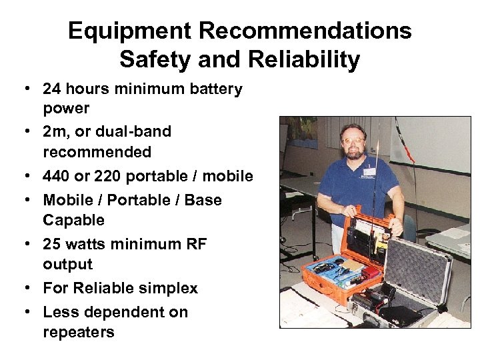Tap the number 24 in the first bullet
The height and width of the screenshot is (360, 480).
coord(53,89)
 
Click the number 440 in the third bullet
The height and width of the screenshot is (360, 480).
coord(57,176)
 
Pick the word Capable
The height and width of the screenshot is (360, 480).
coord(73,220)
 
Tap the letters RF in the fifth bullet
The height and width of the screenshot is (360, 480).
coord(194,244)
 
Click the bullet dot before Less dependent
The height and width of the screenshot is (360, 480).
coord(31,313)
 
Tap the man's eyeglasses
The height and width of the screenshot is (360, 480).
coord(354,142)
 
